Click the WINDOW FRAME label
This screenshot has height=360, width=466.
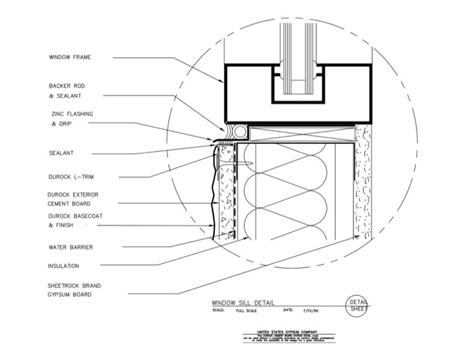point(70,57)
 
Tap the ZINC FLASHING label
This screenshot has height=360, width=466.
point(71,113)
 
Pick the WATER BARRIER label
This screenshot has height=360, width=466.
point(70,247)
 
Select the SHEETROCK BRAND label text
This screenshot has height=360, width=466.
point(74,285)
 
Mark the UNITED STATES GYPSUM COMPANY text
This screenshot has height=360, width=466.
point(290,331)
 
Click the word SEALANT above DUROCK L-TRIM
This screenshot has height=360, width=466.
point(61,153)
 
